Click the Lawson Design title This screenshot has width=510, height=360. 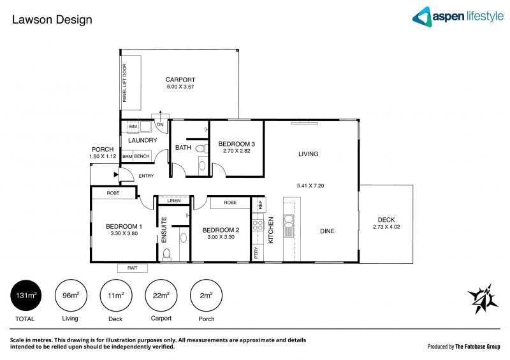coord(52,20)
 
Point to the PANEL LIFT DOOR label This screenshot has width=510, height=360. coord(125,83)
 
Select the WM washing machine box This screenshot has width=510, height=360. coord(133,127)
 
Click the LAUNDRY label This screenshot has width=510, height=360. coord(142,140)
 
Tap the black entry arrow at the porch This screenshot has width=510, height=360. coord(115,173)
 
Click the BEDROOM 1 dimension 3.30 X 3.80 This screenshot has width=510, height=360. coord(124,234)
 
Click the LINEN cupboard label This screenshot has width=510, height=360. coord(174,201)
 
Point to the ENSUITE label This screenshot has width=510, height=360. coord(164,231)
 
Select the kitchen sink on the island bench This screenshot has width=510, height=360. coord(288,222)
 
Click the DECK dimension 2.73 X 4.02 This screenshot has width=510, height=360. coord(386,226)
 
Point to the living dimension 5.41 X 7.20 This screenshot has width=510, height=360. coord(311,185)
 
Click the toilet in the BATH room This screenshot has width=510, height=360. coord(200,149)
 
